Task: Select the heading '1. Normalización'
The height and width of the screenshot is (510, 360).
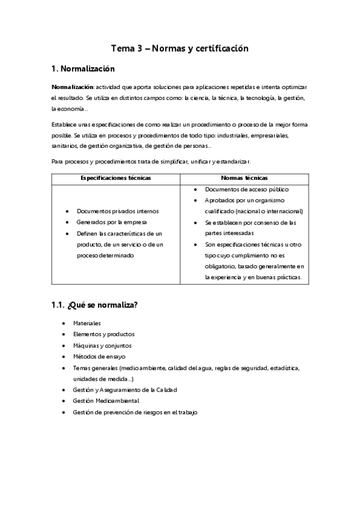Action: [x=82, y=69]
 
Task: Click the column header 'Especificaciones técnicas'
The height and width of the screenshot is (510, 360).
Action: [x=115, y=178]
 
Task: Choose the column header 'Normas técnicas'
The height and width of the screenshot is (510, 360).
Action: [x=244, y=178]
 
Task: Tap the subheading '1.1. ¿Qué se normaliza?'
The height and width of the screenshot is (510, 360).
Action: [x=95, y=305]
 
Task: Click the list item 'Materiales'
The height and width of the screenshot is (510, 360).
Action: [x=87, y=323]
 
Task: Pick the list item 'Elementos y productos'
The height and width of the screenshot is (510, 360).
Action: [x=103, y=334]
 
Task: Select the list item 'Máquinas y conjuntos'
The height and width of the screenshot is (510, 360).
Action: [x=102, y=345]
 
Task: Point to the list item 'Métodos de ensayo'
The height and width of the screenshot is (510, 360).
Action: [x=99, y=356]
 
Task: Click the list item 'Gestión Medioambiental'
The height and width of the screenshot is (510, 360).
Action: [x=106, y=401]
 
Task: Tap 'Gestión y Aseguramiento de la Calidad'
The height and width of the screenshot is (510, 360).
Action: [x=124, y=390]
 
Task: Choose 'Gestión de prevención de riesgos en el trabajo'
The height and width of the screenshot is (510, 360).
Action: [x=135, y=412]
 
